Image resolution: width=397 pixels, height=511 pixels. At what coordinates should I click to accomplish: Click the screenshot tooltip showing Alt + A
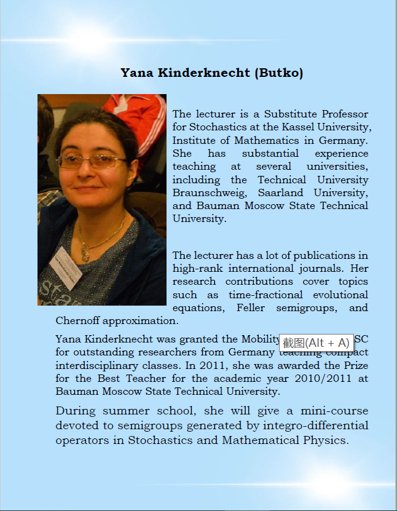316,343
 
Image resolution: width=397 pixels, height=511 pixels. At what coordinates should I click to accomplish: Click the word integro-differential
316,425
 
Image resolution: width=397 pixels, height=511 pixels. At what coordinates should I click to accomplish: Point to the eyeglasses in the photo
92,162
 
